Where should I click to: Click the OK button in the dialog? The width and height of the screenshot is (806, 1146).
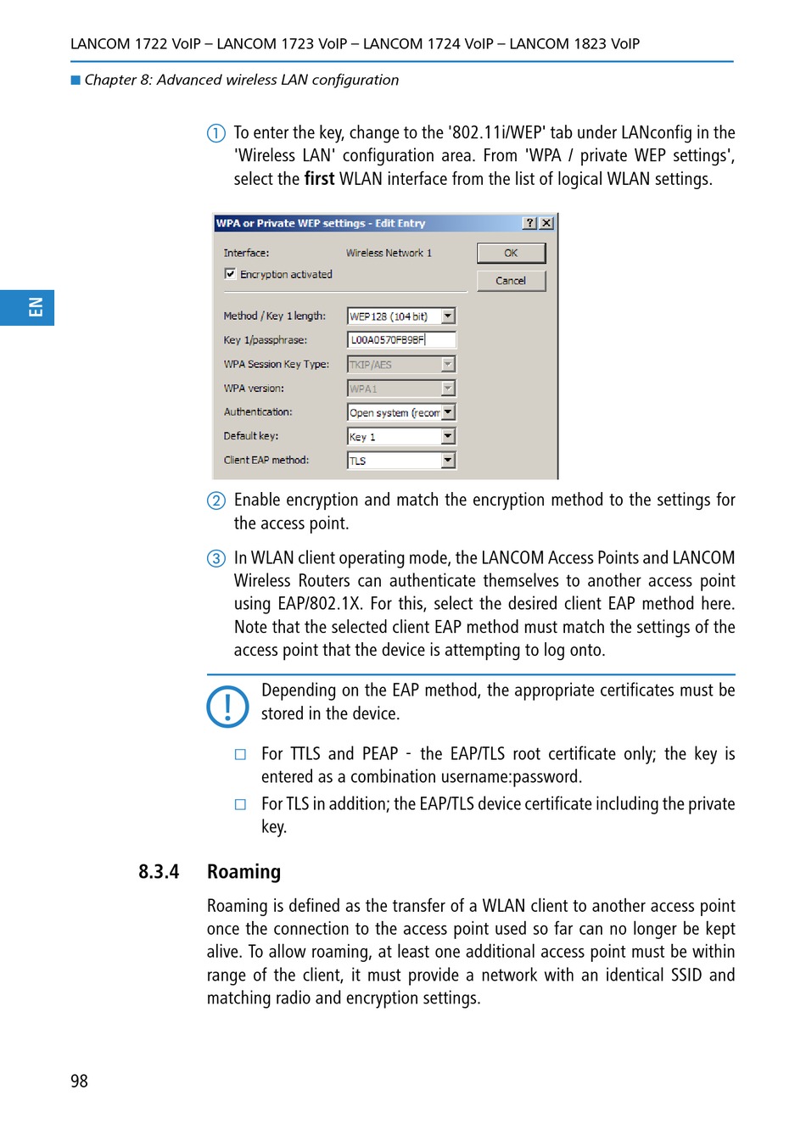coord(511,253)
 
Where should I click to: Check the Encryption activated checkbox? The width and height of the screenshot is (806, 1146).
coord(230,274)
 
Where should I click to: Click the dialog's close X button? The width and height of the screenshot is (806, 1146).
coord(546,223)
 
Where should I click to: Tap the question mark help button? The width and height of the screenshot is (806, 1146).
coord(529,223)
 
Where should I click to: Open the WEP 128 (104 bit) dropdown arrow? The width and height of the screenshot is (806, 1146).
coord(448,316)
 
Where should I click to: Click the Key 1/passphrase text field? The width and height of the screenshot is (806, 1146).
coord(401,340)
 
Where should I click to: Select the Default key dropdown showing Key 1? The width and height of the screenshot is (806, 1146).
coord(401,437)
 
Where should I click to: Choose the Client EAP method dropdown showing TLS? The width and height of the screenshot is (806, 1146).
coord(401,461)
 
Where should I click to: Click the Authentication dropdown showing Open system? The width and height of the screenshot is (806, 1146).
coord(401,412)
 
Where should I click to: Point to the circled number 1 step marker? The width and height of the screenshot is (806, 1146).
coord(216,133)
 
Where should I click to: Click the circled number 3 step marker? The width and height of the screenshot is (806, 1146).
coord(216,558)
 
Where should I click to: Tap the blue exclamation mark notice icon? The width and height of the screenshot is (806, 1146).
coord(227,707)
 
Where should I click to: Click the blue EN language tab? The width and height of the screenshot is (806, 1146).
coord(27,307)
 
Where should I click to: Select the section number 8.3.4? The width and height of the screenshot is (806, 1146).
coord(159,872)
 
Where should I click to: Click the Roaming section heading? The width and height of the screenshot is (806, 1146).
coord(243,872)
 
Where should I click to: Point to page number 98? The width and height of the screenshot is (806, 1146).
coord(79,1081)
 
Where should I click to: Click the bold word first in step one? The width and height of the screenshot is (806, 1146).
coord(319,179)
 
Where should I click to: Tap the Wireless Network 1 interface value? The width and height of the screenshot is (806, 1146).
coord(389,253)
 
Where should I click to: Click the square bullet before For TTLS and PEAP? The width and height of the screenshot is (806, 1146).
coord(241,754)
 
